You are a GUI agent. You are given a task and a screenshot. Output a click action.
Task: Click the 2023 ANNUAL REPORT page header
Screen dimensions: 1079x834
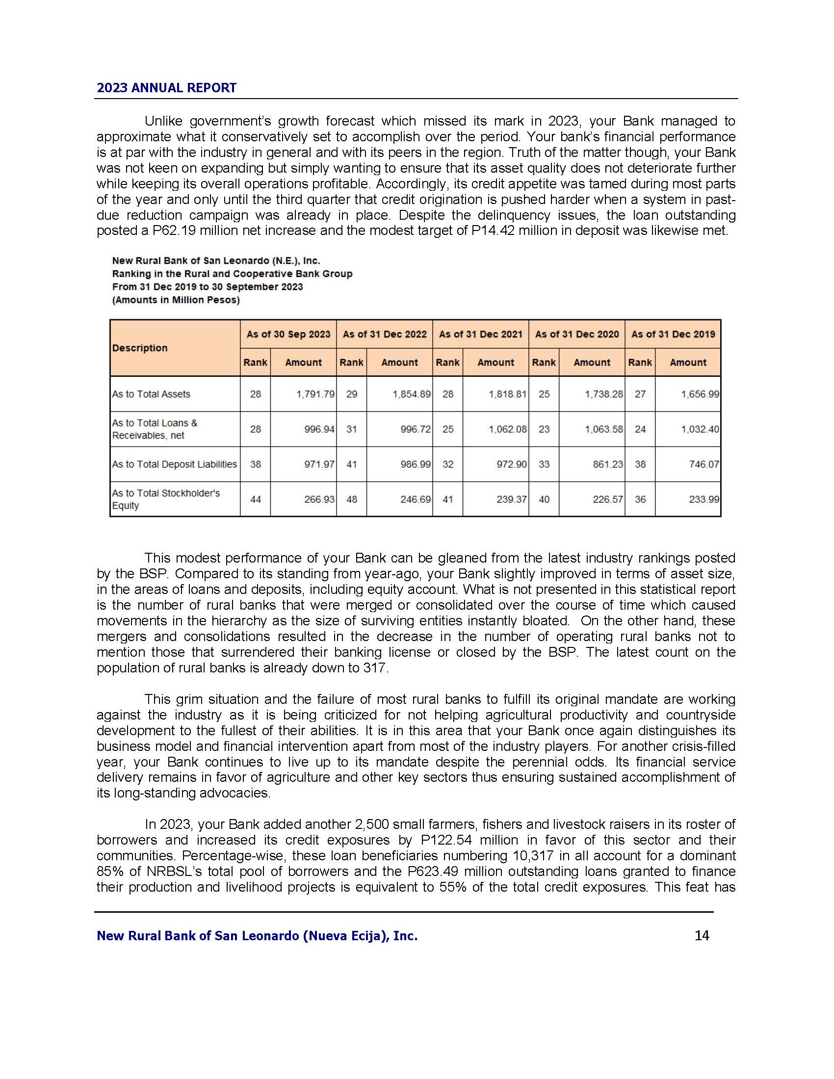tap(166, 88)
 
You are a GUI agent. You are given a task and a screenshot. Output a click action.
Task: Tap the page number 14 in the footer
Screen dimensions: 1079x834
tap(702, 935)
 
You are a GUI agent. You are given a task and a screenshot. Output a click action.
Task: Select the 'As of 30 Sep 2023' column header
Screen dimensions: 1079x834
tap(288, 334)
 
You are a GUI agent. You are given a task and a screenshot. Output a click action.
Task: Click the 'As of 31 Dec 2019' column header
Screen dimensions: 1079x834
tap(673, 334)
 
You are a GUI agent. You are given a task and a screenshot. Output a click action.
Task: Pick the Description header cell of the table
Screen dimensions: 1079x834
tap(140, 348)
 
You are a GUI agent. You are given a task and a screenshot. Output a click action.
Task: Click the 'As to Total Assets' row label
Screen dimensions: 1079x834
tap(151, 394)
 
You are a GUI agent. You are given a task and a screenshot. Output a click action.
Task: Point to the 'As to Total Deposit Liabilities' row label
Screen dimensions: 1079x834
tap(175, 464)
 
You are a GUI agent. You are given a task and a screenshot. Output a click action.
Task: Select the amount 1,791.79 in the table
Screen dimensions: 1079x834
tap(315, 394)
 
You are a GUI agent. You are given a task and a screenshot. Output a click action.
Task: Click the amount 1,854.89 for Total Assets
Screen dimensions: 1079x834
tap(412, 394)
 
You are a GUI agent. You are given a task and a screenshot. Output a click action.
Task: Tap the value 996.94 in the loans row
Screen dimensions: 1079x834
tap(319, 429)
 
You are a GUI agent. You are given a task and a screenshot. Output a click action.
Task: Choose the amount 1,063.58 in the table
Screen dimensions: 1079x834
tap(604, 429)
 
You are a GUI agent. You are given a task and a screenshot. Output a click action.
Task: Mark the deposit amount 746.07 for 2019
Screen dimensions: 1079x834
tap(704, 464)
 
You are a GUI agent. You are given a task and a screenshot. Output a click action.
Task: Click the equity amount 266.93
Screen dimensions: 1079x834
tap(319, 499)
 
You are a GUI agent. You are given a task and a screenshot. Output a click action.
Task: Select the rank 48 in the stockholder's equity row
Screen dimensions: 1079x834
tap(351, 499)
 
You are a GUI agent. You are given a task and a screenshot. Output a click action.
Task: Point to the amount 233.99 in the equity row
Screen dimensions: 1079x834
tap(704, 499)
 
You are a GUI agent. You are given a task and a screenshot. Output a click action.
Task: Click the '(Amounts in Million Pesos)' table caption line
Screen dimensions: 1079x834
tap(176, 300)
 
